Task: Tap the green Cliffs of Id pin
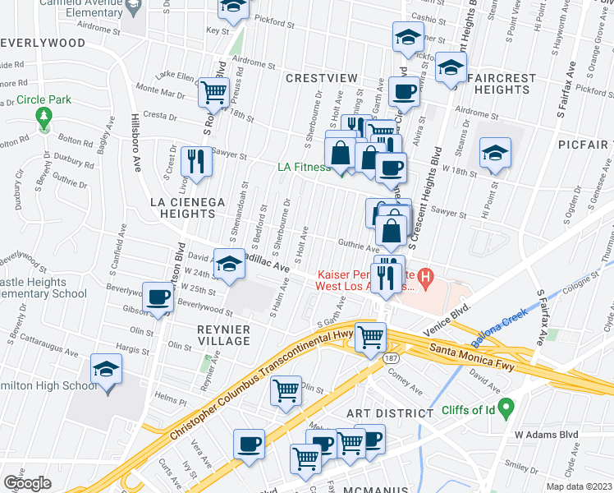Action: pyautogui.click(x=507, y=406)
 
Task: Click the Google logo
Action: pyautogui.click(x=27, y=483)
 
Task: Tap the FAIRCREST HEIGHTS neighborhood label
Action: pyautogui.click(x=500, y=84)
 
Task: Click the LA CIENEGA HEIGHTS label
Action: pyautogui.click(x=181, y=207)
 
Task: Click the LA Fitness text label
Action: pyautogui.click(x=304, y=167)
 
